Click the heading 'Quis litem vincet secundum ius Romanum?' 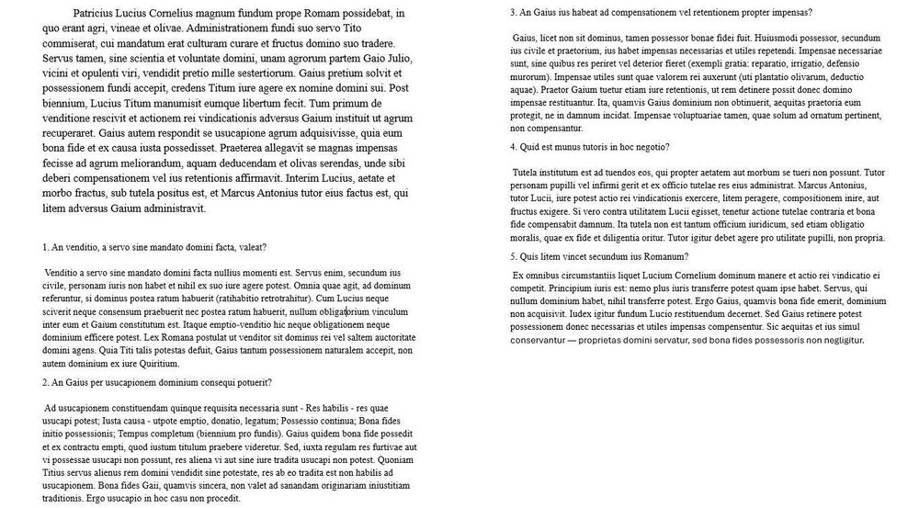tap(599, 256)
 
